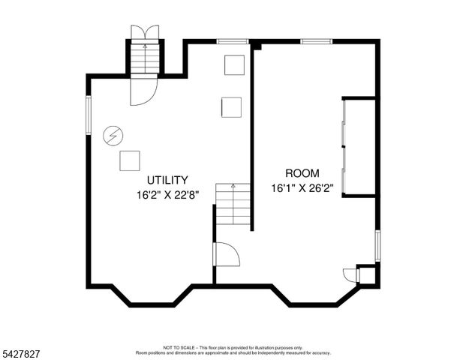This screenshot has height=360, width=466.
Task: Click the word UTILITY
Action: [x=167, y=180]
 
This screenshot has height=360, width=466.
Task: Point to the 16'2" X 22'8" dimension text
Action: [x=167, y=194]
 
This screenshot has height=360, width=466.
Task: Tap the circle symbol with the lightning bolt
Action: [x=113, y=136]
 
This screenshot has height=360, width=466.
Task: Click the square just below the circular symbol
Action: [x=130, y=160]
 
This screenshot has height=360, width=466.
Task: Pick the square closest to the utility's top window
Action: [x=235, y=64]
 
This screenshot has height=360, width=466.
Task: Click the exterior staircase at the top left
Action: [x=145, y=57]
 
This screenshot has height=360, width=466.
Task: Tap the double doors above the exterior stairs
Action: [x=145, y=31]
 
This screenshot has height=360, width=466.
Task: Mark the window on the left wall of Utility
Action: [x=88, y=115]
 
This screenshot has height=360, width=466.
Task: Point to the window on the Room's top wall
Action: [x=317, y=40]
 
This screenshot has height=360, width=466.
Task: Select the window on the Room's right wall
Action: [x=377, y=246]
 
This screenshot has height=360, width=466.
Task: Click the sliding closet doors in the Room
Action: [x=344, y=146]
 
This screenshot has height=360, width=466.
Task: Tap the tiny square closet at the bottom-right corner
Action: [x=367, y=274]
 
